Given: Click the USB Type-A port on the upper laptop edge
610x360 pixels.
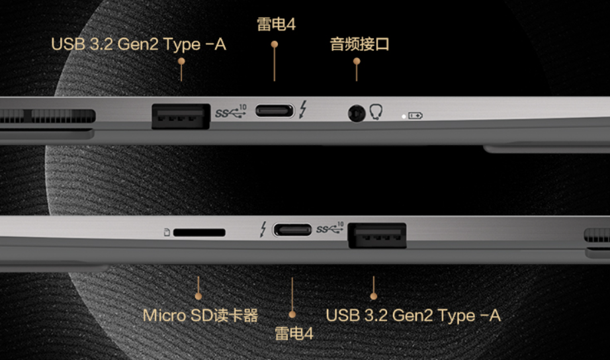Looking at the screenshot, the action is coord(181,116).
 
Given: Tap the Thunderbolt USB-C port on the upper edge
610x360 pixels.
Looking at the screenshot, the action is coord(275,111).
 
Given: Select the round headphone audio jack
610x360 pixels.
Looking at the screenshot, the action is coord(357,113).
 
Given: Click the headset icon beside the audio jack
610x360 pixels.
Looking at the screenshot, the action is coord(376,112).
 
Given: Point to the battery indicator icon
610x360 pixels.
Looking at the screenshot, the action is coord(415,116).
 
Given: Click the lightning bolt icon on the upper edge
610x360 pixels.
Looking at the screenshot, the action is coord(303,109).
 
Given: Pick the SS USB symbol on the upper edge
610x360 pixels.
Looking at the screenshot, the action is coord(231,112).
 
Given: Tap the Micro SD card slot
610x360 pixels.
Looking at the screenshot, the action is coord(199,233).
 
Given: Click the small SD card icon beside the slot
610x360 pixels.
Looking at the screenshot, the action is coord(167,232).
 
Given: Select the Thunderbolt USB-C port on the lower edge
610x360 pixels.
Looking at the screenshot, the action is coord(292,230).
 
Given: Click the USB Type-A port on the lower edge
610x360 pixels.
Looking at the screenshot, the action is coord(377,236).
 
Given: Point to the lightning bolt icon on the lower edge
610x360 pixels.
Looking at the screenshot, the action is coord(263,229).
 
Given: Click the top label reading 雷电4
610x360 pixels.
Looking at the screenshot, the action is coord(276,24).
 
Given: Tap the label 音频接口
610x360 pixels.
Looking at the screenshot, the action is coord(359,44).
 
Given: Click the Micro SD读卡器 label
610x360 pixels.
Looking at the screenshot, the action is coord(200,315).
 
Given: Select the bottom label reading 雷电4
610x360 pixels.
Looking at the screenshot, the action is coord(294,334).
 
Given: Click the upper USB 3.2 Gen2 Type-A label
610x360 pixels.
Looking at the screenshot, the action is coord(138,44).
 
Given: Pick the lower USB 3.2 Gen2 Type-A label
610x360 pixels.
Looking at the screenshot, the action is coord(413,316).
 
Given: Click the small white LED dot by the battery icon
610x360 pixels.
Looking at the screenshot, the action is coord(404,116).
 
